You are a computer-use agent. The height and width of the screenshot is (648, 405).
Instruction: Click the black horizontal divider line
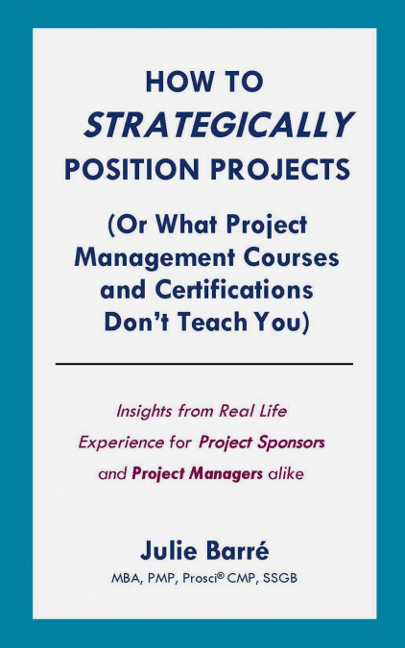pos(203,364)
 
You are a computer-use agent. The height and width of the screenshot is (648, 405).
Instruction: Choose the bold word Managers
pos(225,474)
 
